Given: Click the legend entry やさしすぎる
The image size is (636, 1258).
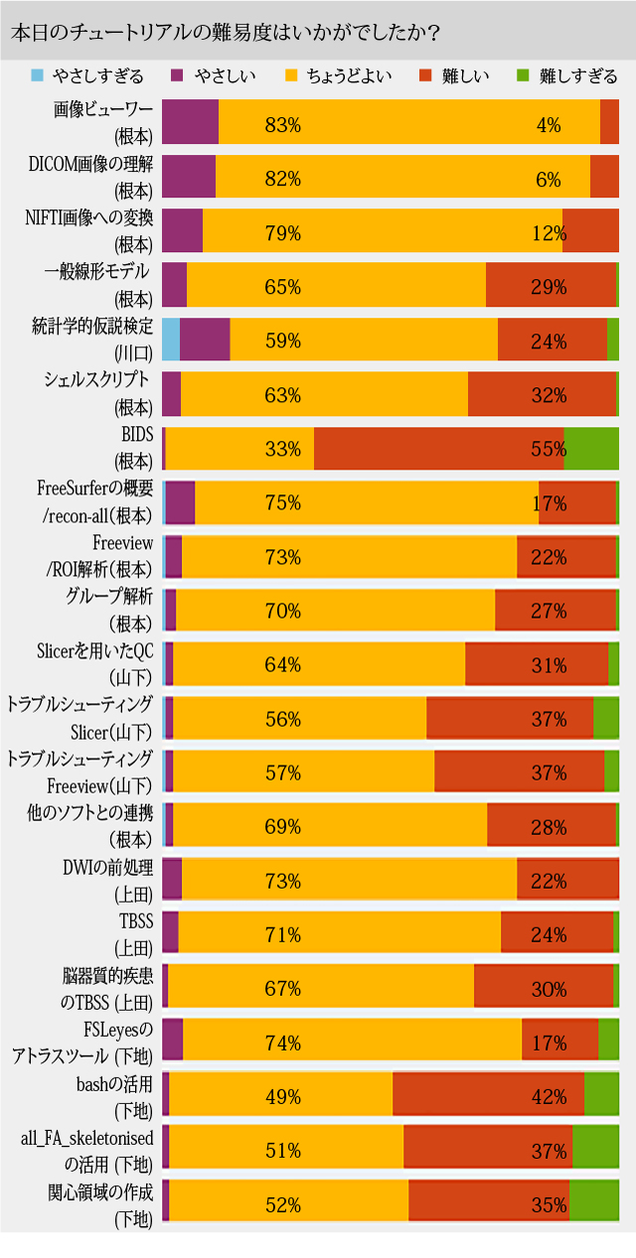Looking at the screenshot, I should pos(99,76).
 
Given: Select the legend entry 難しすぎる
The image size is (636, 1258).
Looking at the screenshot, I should pos(577,76).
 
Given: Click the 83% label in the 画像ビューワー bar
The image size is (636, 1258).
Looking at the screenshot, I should pos(283,125).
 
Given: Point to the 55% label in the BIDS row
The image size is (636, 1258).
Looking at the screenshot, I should pos(549,449).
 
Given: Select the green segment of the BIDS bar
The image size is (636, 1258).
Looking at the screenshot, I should pos(591,449).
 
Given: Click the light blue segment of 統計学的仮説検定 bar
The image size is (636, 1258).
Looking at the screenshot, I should pos(171,341).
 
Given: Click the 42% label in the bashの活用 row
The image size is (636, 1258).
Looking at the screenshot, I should pos(549,1096).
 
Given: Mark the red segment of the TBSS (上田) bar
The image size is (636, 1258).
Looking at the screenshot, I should pos(556,934).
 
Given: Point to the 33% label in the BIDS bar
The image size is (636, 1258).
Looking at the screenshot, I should pos(283,449).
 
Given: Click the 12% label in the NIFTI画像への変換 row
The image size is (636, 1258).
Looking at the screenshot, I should pos(549,233).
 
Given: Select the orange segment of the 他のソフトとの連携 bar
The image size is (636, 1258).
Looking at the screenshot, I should pos(330,826).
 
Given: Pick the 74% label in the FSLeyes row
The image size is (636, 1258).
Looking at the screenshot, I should pos(283,1043).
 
